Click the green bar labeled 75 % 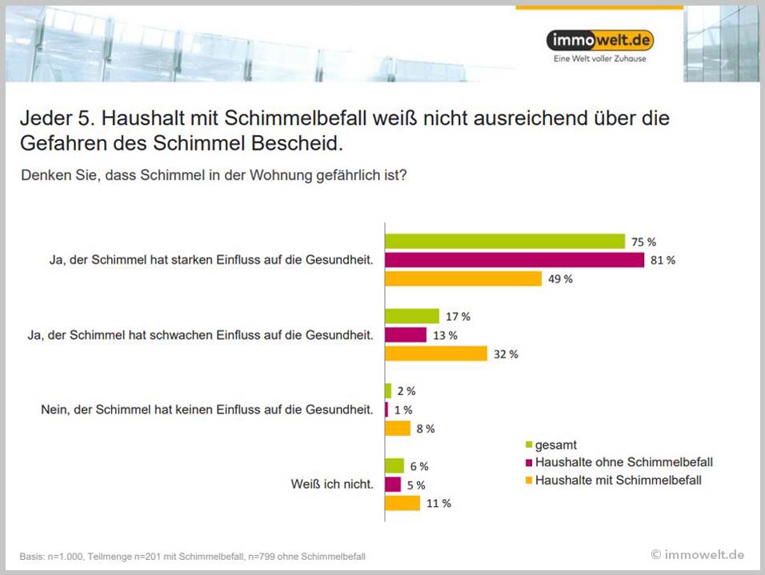504,242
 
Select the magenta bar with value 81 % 514,260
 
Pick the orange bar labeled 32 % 435,353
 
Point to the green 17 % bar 412,316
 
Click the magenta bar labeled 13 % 406,334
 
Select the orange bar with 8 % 398,429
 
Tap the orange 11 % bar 403,503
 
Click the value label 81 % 663,261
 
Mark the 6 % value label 418,466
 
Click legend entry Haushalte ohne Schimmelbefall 623,462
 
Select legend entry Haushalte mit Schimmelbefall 618,480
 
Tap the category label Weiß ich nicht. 332,485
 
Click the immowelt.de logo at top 599,40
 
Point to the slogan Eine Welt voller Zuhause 599,59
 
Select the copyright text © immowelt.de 697,554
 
